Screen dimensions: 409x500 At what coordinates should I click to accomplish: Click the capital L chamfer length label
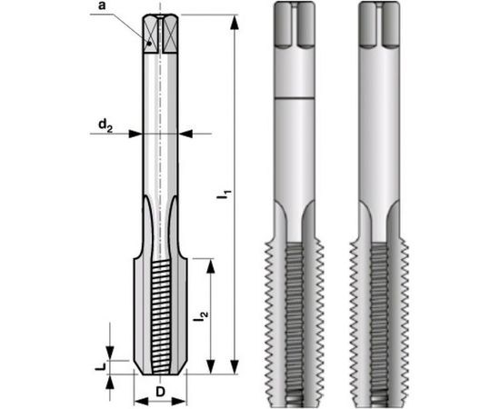[x=103, y=366]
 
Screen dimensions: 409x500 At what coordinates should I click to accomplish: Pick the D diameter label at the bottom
[x=160, y=393]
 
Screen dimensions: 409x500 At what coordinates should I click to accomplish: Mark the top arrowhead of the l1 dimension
[x=236, y=21]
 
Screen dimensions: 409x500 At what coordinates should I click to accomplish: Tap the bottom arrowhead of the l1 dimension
[x=236, y=367]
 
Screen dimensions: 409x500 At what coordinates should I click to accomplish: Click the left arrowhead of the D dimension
[x=138, y=400]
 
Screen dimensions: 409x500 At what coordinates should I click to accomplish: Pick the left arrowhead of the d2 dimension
[x=137, y=134]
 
